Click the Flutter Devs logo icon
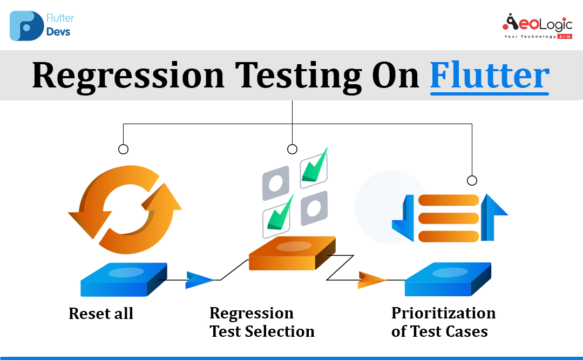point(27,26)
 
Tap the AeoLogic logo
point(537,26)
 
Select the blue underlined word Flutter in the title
point(490,76)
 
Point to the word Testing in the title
point(298,76)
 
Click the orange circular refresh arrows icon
point(125,209)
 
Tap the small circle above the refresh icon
point(124,149)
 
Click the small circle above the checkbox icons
point(292,149)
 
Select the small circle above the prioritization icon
point(472,180)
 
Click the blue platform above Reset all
point(124,280)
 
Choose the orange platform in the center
point(292,253)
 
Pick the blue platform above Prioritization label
point(448,279)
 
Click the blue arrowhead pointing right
point(200,280)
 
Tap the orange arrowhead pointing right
point(371,280)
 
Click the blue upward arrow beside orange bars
point(494,217)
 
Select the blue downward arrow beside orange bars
point(403,218)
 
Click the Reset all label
point(101,314)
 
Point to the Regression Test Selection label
point(262,322)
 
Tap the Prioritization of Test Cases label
point(443,322)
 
